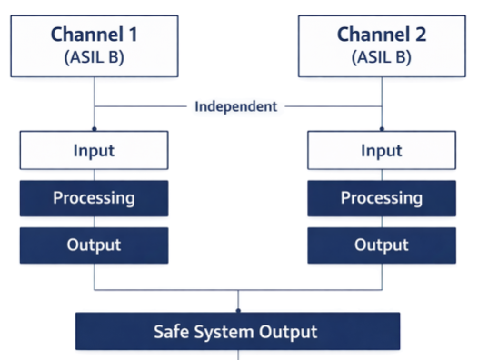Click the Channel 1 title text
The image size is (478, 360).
(x=94, y=35)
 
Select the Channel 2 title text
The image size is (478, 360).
(x=382, y=35)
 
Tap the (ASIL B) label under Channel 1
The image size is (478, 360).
(x=94, y=57)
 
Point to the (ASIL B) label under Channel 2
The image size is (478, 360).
(x=382, y=57)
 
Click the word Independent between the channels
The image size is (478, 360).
(x=236, y=106)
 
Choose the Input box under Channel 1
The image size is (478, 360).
(x=94, y=150)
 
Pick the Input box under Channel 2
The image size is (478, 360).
(x=382, y=150)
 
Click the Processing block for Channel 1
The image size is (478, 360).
(x=94, y=197)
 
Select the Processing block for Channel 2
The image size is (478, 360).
(x=382, y=197)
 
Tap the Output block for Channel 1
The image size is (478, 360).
(x=94, y=245)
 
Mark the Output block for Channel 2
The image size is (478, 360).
(x=382, y=245)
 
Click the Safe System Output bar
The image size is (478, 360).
(x=238, y=331)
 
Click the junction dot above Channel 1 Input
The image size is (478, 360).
(x=94, y=128)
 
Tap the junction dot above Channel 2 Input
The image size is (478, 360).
(x=382, y=128)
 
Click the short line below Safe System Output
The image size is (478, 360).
(x=238, y=355)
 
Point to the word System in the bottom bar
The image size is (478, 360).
(x=227, y=331)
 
